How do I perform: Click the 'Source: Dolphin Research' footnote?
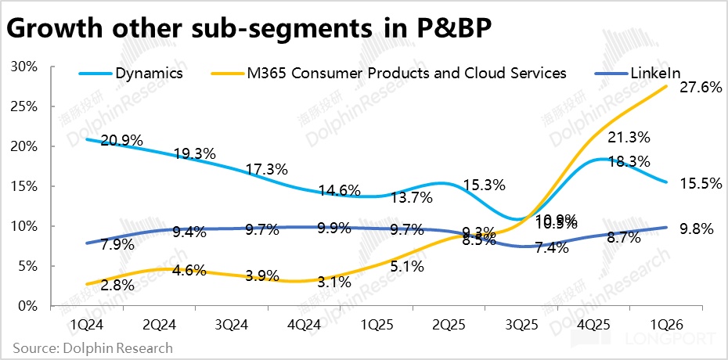[x=93, y=347]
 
